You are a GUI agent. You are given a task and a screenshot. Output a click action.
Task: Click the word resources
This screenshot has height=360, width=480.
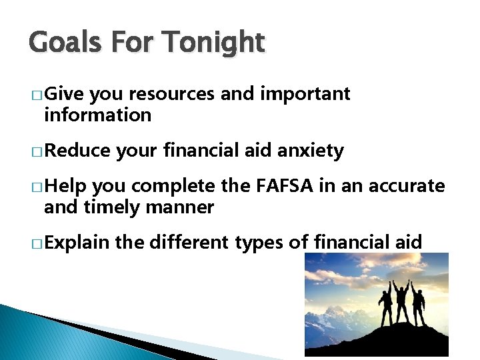pyautogui.click(x=172, y=94)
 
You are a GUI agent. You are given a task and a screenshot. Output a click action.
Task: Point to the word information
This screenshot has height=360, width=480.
pyautogui.click(x=97, y=115)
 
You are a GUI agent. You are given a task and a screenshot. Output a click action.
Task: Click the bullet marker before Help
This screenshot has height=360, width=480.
pyautogui.click(x=35, y=187)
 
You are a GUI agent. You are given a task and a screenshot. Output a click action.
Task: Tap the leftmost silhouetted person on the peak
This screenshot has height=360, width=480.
pyautogui.click(x=385, y=308)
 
